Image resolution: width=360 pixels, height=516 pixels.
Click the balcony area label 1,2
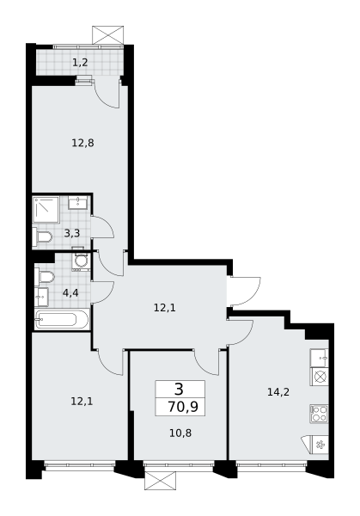[x=80, y=62]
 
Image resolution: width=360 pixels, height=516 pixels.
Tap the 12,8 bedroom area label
[x=82, y=143]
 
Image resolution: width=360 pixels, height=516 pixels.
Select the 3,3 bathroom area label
[x=72, y=234]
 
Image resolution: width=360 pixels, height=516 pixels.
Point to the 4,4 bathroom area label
[x=70, y=292]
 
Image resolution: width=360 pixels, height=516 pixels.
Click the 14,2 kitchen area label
[x=278, y=392]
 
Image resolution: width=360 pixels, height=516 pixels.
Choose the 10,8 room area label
[x=180, y=433]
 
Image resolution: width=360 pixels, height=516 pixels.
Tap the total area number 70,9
[x=183, y=407]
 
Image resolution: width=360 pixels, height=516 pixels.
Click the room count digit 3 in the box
[x=180, y=390]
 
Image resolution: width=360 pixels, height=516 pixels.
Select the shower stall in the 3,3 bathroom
[x=46, y=210]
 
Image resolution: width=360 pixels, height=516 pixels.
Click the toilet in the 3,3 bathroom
[x=43, y=236]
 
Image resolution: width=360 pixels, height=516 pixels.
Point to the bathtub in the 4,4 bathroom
[x=62, y=319]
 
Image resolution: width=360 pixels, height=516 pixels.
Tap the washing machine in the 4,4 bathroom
[x=81, y=261]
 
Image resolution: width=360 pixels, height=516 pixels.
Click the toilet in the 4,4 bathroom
[x=45, y=276]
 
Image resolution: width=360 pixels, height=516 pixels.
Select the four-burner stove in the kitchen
[x=320, y=414]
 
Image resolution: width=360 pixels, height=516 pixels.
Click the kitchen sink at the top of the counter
[x=320, y=358]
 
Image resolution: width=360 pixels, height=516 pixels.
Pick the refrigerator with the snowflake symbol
[x=316, y=445]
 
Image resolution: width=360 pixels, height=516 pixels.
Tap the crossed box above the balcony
[x=108, y=35]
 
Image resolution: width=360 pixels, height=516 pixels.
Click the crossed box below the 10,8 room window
[x=160, y=481]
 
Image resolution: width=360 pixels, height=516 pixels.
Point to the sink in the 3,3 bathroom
[x=78, y=202]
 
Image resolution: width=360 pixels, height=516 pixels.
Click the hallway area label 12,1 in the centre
[x=165, y=308]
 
